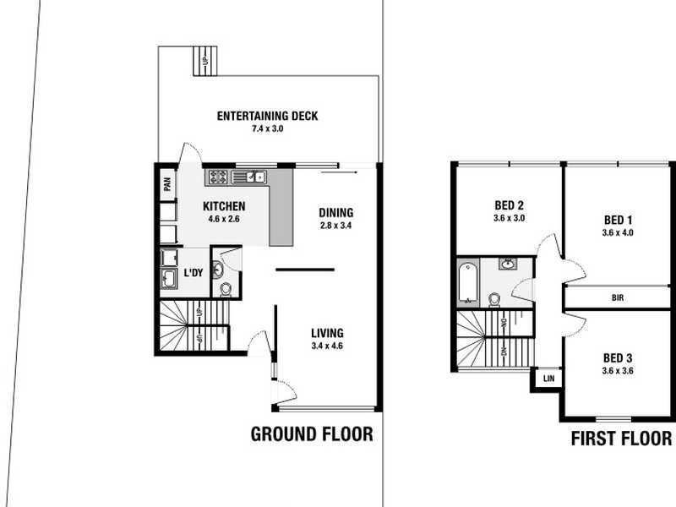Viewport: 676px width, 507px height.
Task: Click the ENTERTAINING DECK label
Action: [x=267, y=116]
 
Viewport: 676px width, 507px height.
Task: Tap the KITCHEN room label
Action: [x=224, y=206]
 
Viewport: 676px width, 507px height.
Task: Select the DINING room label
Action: [x=335, y=213]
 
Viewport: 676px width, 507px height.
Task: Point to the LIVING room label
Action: [x=326, y=333]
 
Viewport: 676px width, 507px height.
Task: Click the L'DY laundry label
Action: [x=194, y=272]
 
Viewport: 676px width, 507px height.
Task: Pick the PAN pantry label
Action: [x=167, y=185]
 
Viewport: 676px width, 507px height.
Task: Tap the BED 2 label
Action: [x=510, y=204]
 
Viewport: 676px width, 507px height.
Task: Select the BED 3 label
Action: [x=618, y=357]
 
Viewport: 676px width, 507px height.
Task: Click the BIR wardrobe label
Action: [x=618, y=298]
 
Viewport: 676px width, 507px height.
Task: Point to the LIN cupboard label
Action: [x=548, y=379]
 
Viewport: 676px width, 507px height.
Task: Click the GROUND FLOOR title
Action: [x=312, y=434]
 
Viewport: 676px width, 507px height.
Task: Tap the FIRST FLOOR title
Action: [x=621, y=439]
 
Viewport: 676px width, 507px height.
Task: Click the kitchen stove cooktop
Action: [x=217, y=177]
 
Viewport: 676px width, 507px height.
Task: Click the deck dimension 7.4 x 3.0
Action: [x=267, y=129]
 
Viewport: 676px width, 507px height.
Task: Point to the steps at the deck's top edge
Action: [x=205, y=60]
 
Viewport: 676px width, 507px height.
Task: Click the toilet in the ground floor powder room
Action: [x=226, y=288]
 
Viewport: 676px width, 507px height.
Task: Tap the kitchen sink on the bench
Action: [x=252, y=177]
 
